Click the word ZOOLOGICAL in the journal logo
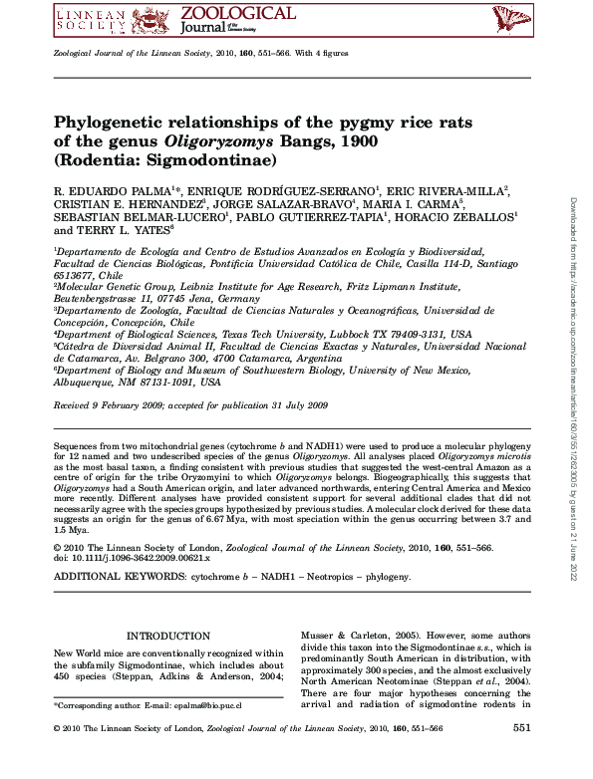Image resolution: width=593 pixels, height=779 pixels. point(238,13)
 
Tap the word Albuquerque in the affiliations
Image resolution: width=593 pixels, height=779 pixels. point(90,382)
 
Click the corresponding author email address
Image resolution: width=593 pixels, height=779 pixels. point(211,704)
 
